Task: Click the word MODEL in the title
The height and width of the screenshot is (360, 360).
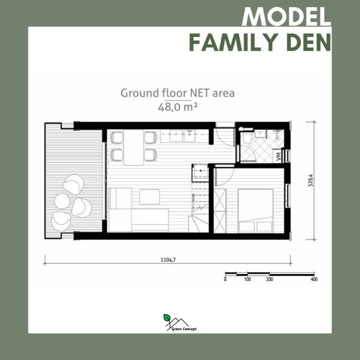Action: click(x=286, y=17)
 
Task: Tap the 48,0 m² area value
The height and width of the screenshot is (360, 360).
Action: click(x=178, y=107)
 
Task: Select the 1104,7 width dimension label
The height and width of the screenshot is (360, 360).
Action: click(x=168, y=260)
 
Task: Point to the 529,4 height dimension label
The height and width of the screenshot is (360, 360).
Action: click(x=311, y=180)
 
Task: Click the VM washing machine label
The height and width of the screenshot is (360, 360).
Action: click(x=278, y=156)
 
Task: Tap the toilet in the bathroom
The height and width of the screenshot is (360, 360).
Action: click(x=247, y=137)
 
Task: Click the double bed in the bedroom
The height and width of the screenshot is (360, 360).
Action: click(x=256, y=211)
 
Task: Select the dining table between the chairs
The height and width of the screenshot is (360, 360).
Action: click(x=134, y=147)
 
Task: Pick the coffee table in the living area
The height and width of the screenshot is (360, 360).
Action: click(x=150, y=197)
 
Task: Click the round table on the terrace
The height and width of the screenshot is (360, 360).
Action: click(x=62, y=201)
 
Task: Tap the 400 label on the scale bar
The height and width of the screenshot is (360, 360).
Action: click(x=314, y=279)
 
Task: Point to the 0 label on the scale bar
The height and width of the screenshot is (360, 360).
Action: click(x=225, y=279)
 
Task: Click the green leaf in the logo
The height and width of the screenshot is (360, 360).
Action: click(x=167, y=318)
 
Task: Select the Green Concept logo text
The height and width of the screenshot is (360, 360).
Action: click(x=184, y=329)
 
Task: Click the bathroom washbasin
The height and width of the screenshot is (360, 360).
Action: click(x=260, y=134)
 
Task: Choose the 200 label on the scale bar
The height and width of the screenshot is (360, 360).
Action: click(x=270, y=279)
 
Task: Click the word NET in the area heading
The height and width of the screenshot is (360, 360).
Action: click(x=200, y=93)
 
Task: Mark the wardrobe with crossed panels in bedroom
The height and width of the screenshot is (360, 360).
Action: click(x=220, y=211)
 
